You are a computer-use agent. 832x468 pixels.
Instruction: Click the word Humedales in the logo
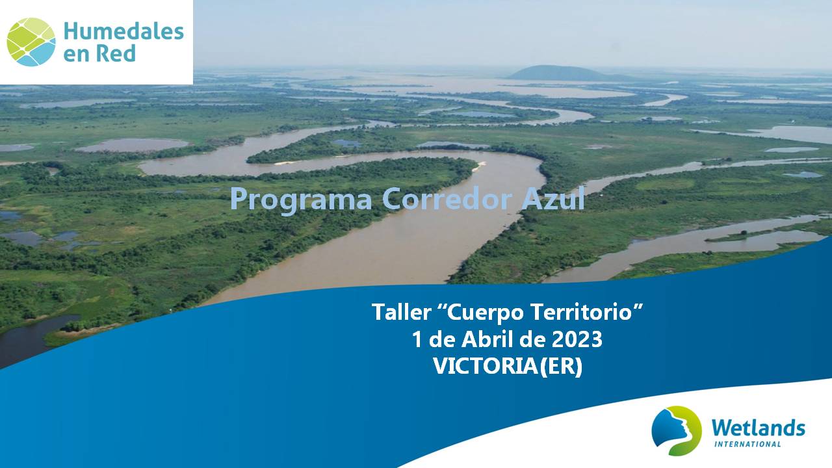tap(123, 31)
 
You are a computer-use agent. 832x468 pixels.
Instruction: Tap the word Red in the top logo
tap(116, 53)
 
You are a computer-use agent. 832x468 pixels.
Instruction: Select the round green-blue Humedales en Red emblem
tap(31, 42)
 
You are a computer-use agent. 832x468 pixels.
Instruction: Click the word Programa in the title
tap(301, 199)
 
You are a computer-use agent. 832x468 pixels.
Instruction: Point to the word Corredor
tap(447, 198)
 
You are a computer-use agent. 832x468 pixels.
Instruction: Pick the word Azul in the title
tap(553, 198)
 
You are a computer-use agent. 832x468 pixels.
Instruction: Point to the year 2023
tap(577, 339)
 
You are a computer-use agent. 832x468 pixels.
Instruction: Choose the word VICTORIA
tap(485, 366)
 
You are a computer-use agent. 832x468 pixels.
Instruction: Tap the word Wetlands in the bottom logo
tap(759, 428)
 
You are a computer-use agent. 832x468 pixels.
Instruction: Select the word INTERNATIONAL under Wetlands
tap(747, 444)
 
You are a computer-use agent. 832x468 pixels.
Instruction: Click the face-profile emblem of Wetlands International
tap(677, 431)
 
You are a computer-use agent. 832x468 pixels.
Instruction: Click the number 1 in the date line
tap(417, 339)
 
